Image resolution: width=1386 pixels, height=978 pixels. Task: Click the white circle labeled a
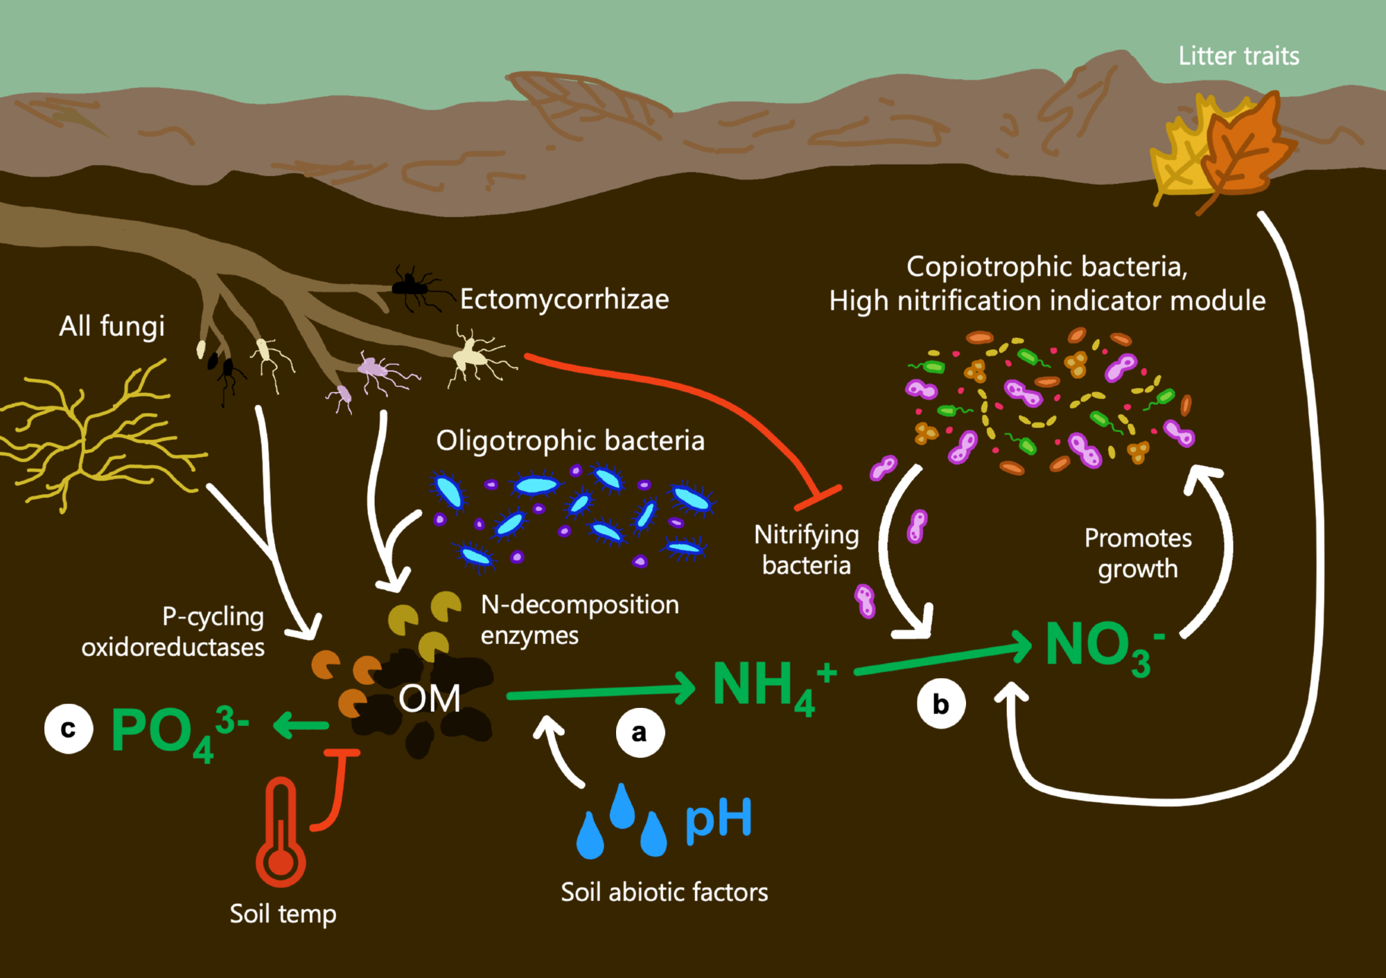640,732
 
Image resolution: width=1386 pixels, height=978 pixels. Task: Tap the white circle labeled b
940,704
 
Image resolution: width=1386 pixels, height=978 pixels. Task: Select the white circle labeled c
69,729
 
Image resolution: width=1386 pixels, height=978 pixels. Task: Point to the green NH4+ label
773,686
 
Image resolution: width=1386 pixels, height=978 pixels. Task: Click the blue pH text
718,819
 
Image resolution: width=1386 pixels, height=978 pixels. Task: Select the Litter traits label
1238,56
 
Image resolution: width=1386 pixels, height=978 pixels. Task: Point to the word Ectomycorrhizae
564,299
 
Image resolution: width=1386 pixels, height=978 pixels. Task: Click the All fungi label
112,326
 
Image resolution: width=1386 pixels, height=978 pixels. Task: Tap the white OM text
429,698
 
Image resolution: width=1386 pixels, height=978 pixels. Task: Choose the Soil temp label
283,914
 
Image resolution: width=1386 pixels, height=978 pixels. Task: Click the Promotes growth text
1138,553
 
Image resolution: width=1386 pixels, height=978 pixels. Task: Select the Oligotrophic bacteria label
570,441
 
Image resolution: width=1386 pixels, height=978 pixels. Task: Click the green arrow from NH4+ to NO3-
942,659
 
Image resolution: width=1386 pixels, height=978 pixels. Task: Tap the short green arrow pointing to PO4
301,726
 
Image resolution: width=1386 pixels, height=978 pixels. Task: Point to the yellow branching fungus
97,436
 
